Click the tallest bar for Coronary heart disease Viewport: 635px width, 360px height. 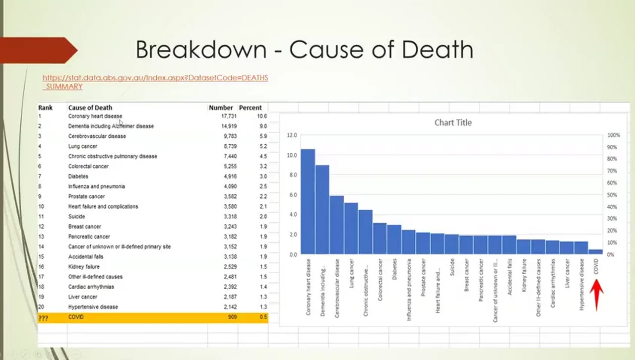tap(308, 201)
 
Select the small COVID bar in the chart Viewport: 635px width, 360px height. tap(596, 252)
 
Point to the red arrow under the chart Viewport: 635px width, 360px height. tap(596, 295)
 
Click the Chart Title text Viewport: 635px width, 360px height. tap(453, 122)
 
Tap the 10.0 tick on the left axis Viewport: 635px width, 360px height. tap(292, 155)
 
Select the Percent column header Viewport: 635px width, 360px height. tap(250, 108)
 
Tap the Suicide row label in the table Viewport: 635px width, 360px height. tap(76, 216)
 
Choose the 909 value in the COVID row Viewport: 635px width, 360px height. tap(232, 317)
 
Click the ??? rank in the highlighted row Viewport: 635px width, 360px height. tap(43, 318)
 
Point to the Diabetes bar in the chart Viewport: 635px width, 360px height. tap(394, 240)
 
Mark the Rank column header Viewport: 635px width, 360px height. tap(45, 108)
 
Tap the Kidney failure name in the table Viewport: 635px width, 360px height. tap(84, 267)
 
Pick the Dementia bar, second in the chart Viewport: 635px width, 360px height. tap(322, 209)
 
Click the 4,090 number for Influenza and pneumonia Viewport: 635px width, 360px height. tap(229, 186)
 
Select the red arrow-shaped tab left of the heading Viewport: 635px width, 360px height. tap(37, 50)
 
